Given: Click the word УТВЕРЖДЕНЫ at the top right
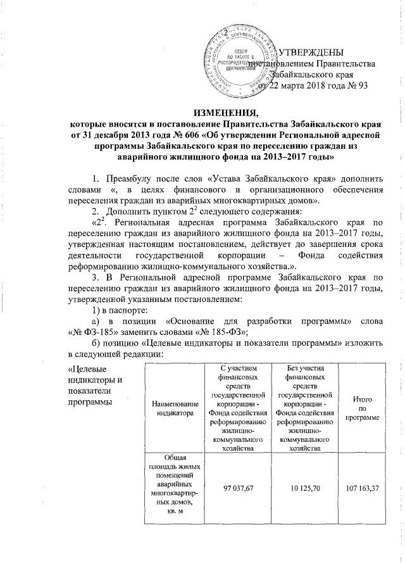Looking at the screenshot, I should [x=313, y=51].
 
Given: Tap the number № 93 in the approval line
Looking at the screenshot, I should [x=355, y=85].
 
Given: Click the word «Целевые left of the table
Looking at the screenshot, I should [x=88, y=369].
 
